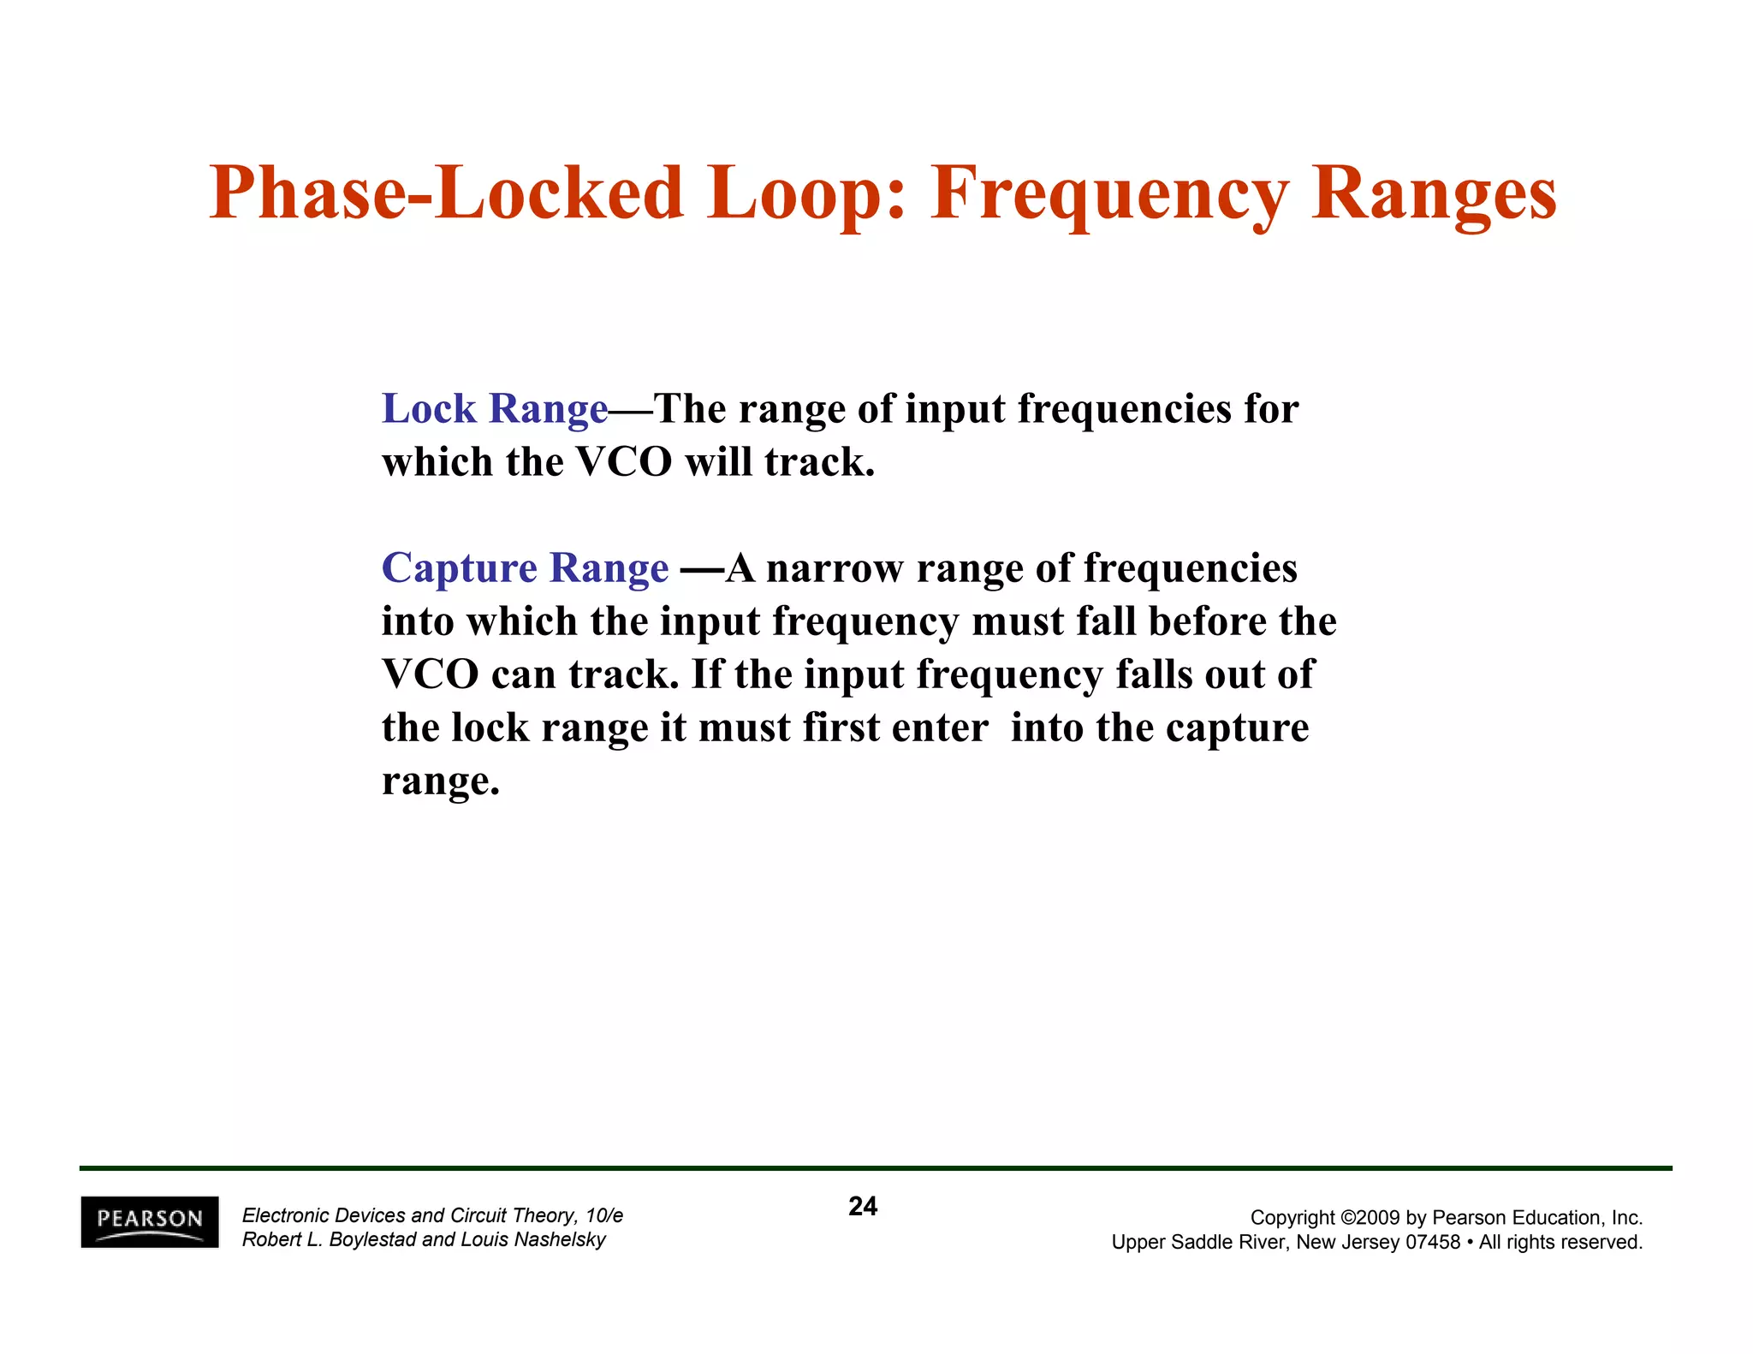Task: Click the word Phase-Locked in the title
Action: [x=446, y=193]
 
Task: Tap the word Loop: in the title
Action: [x=806, y=193]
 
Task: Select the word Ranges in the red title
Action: [x=1434, y=193]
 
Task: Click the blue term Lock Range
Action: [x=495, y=409]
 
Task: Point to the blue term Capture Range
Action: [x=525, y=568]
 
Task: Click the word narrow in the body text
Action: [x=835, y=568]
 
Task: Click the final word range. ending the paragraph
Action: [x=440, y=781]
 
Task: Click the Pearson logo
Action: [x=150, y=1221]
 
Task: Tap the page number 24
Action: [x=863, y=1206]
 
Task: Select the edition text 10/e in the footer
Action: [x=604, y=1215]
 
